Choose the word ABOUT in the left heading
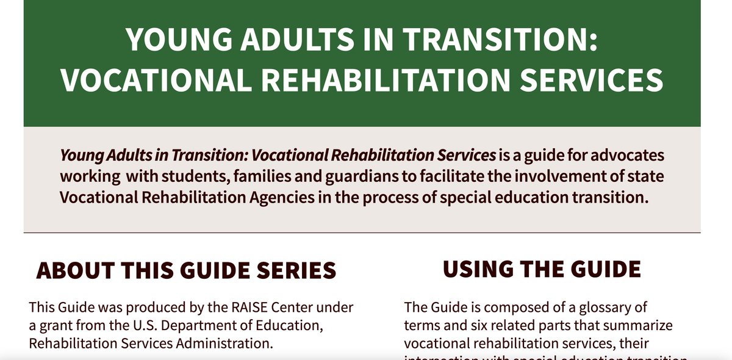[74, 270]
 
